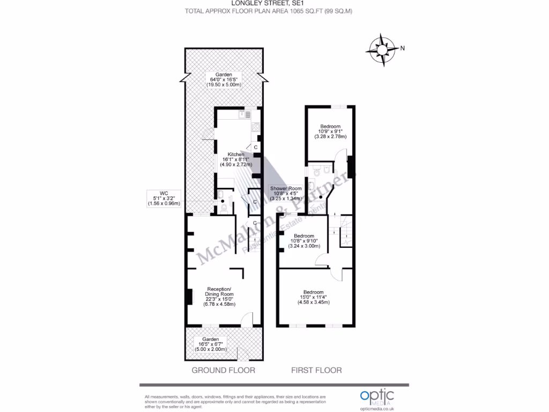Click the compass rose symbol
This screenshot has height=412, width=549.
(x=382, y=49)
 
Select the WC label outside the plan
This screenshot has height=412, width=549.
(x=164, y=198)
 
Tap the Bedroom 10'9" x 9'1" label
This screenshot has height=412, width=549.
(x=330, y=131)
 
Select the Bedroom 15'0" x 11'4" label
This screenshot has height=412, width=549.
(x=313, y=297)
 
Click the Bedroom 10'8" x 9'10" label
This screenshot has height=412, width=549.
(x=304, y=241)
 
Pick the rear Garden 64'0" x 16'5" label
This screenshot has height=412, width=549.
(x=224, y=79)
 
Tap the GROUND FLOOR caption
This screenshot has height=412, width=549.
(x=224, y=370)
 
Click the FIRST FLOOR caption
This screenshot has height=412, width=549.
(x=316, y=370)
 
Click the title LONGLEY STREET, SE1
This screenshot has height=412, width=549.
(x=268, y=3)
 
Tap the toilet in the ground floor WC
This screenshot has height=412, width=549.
(x=224, y=206)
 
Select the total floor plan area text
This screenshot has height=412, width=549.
(x=269, y=11)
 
